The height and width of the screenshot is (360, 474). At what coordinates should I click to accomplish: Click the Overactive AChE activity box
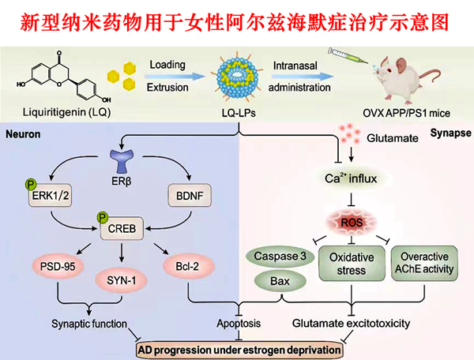coord(424,264)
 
